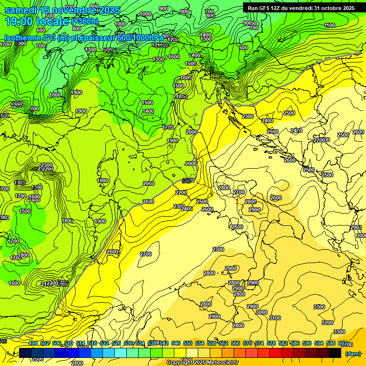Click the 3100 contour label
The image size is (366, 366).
click(275, 318)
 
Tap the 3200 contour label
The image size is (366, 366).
click(327, 323)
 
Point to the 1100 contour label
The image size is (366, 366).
click(329, 25)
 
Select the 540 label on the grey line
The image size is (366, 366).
click(188, 181)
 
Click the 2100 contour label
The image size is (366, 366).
click(148, 202)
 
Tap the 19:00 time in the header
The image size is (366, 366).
click(19, 21)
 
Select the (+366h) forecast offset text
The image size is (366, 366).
click(85, 21)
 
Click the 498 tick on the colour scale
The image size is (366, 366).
click(33, 343)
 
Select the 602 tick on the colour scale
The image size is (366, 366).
click(342, 343)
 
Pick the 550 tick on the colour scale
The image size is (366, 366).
click(188, 343)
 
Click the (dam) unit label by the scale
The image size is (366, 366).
click(353, 353)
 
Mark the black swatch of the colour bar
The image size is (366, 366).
click(335, 353)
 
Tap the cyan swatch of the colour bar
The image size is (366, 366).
click(121, 353)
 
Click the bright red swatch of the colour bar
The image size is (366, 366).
click(275, 353)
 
